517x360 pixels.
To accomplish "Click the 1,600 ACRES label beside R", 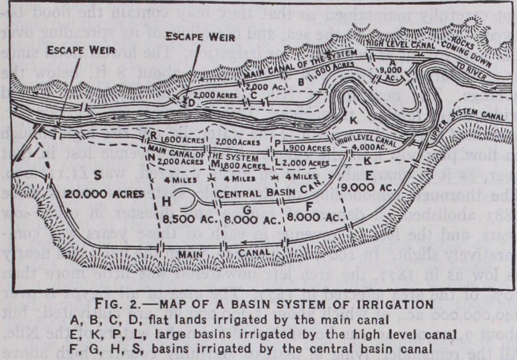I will coord(179,141).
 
